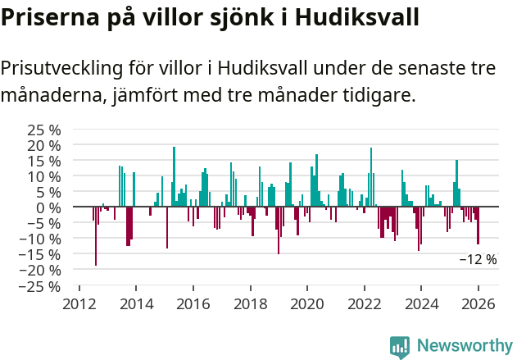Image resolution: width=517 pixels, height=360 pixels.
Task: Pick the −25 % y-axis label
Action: pyautogui.click(x=40, y=286)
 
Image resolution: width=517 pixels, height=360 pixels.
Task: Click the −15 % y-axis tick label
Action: pyautogui.click(x=40, y=255)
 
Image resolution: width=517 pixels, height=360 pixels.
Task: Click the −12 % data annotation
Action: pyautogui.click(x=477, y=259)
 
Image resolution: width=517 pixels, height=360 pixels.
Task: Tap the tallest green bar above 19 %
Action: pyautogui.click(x=174, y=176)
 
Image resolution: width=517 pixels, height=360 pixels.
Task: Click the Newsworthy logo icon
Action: pyautogui.click(x=400, y=347)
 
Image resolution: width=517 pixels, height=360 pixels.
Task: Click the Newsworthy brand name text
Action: pyautogui.click(x=464, y=346)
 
